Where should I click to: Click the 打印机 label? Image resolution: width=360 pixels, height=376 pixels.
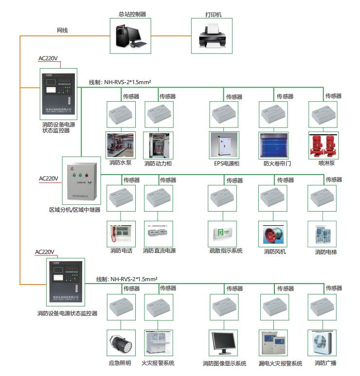213,15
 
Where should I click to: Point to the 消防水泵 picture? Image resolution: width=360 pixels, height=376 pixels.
120,145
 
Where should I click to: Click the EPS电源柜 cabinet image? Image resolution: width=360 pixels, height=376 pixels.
224,145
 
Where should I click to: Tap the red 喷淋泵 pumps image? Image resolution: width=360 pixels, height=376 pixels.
324,145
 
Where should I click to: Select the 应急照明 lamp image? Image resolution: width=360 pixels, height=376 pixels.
120,343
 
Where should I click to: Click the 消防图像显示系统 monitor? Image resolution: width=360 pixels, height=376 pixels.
224,343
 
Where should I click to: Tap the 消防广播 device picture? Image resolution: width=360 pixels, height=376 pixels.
324,343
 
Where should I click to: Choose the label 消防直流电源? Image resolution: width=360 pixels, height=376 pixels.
159,251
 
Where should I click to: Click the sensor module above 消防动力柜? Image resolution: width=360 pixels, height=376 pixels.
159,115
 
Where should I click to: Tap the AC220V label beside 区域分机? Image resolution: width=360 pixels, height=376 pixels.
49,179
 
